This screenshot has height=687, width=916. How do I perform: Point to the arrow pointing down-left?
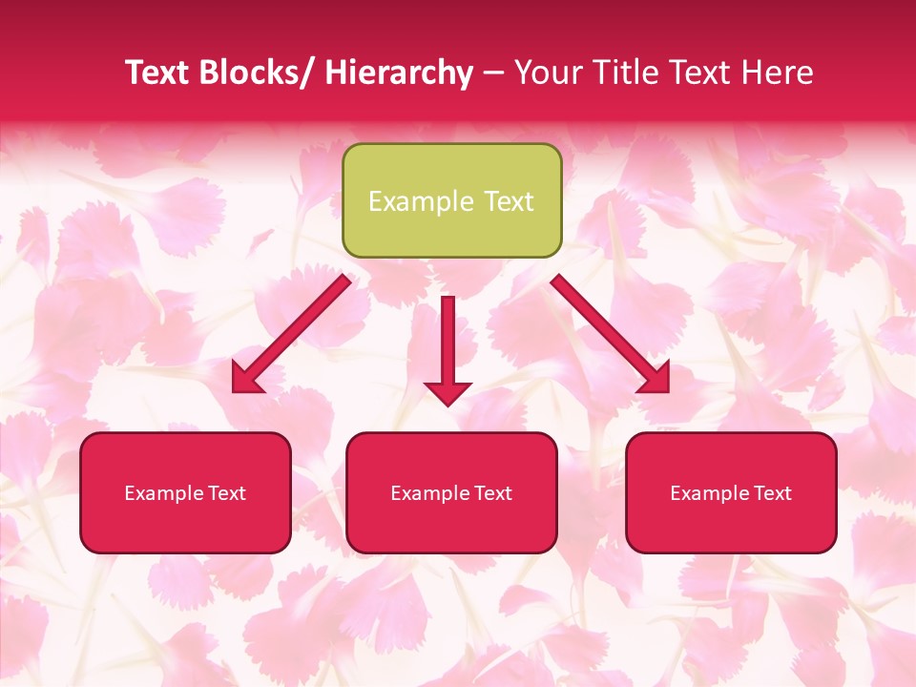point(292,333)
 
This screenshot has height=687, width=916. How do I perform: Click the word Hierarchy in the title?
point(399,73)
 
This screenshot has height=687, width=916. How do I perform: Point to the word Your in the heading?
point(549,73)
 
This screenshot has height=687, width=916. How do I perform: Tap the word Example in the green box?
point(420,201)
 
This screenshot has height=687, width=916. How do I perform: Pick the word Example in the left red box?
point(164,493)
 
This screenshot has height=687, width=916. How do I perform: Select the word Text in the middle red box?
point(491,493)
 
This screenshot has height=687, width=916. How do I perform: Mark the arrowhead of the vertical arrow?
point(448,391)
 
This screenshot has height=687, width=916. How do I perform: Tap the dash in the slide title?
point(493,73)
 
